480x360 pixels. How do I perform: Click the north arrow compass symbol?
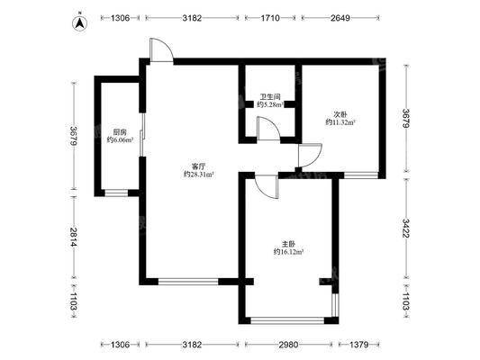80,22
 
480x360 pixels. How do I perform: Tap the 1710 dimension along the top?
270,18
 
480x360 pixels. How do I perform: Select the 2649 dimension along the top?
340,18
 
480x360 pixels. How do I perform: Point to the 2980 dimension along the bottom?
288,345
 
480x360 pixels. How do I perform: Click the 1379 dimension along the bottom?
358,345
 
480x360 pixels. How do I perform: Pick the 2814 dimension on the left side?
74,237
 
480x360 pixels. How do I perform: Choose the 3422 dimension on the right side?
406,229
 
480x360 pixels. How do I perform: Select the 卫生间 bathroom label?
270,97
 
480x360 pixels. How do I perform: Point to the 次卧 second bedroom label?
340,115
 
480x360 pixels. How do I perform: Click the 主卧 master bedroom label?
288,245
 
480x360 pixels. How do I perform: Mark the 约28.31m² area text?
198,175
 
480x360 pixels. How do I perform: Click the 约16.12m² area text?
288,252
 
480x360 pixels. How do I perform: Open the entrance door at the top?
161,50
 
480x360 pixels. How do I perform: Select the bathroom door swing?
268,129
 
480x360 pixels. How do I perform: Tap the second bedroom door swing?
310,156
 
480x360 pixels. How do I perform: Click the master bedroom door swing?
267,186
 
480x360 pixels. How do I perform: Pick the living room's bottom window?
188,282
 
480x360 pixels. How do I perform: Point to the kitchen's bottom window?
116,193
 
